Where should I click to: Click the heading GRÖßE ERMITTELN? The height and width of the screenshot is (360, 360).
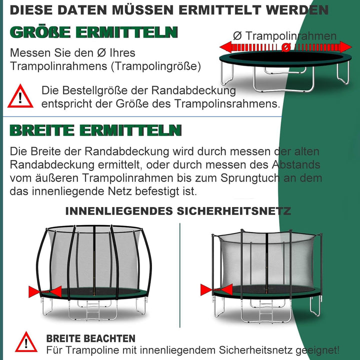(93, 32)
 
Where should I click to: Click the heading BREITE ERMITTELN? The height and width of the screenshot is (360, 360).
(95, 130)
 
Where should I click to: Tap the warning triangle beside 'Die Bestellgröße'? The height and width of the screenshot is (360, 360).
(20, 96)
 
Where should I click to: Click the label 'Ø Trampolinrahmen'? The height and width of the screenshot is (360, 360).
(284, 36)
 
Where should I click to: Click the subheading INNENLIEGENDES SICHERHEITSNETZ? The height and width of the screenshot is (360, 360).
(178, 211)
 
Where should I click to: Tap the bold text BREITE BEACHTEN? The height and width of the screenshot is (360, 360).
(90, 338)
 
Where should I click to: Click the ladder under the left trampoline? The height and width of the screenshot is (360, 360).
(93, 312)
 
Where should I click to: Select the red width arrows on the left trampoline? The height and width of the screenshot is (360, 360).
(45, 291)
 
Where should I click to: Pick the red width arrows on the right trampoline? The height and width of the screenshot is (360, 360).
(216, 289)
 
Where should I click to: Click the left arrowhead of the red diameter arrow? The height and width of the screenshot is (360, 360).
(226, 47)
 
